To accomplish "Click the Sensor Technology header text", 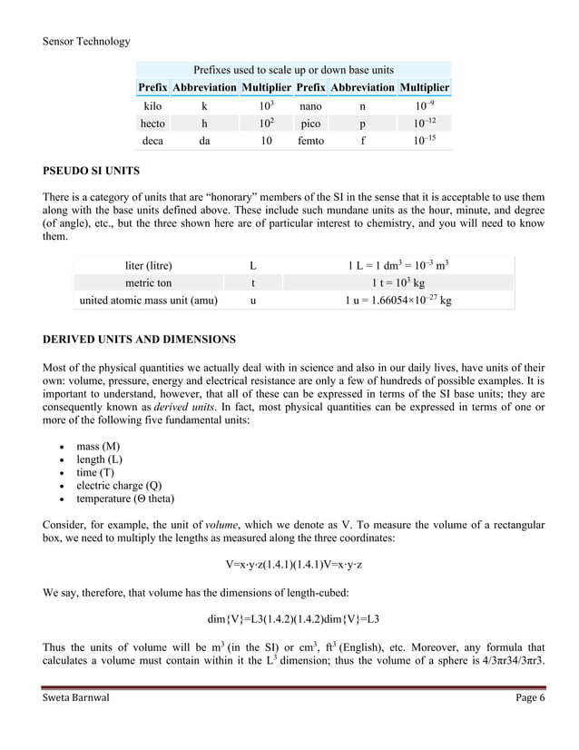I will tap(86, 41).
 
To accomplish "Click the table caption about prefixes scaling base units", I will tap(293, 70).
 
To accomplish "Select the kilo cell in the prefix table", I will tap(152, 106).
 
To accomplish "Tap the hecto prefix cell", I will tap(152, 123).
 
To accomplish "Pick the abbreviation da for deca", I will tap(203, 142).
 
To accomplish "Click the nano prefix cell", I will tap(310, 106).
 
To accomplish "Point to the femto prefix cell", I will tap(310, 142).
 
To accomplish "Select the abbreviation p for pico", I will tap(362, 123).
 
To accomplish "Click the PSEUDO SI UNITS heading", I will tap(91, 170).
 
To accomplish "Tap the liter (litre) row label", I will tap(149, 266).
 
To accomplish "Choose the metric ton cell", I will tap(149, 282).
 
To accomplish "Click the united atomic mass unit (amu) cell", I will tap(149, 300).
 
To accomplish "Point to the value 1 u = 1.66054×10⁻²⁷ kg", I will tap(399, 300).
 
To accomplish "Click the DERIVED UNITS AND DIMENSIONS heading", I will tap(139, 340).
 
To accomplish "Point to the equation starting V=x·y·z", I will tap(293, 565).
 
